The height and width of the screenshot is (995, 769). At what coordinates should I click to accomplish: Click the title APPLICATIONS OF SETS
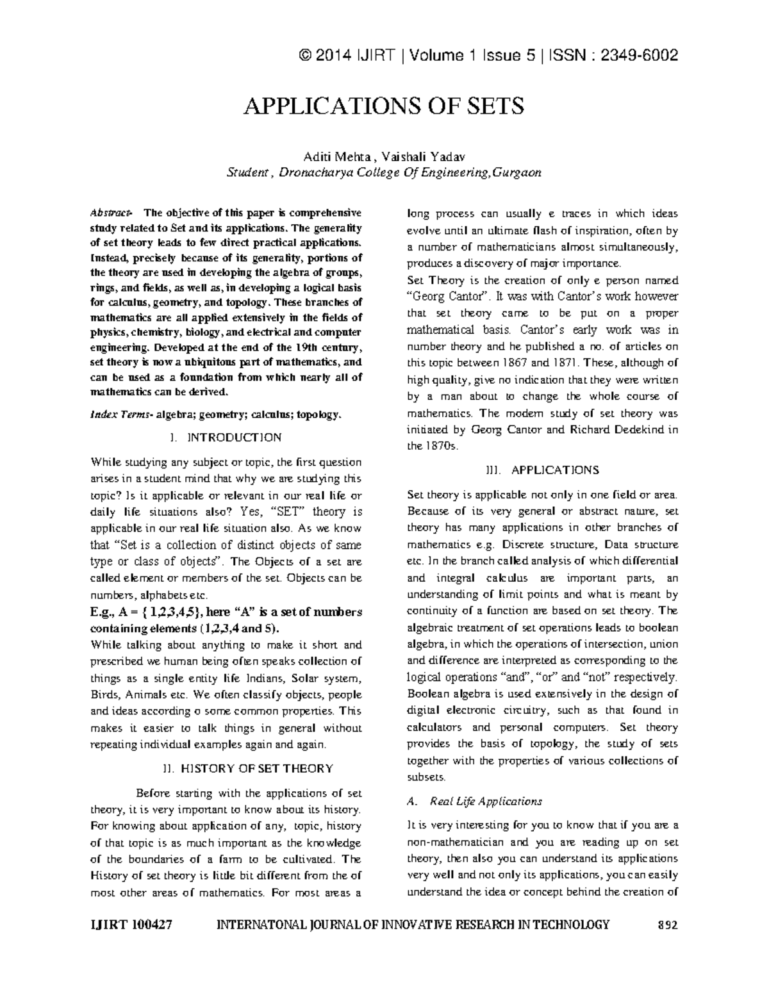(384, 106)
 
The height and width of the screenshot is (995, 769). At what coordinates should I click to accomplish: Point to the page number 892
(668, 925)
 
